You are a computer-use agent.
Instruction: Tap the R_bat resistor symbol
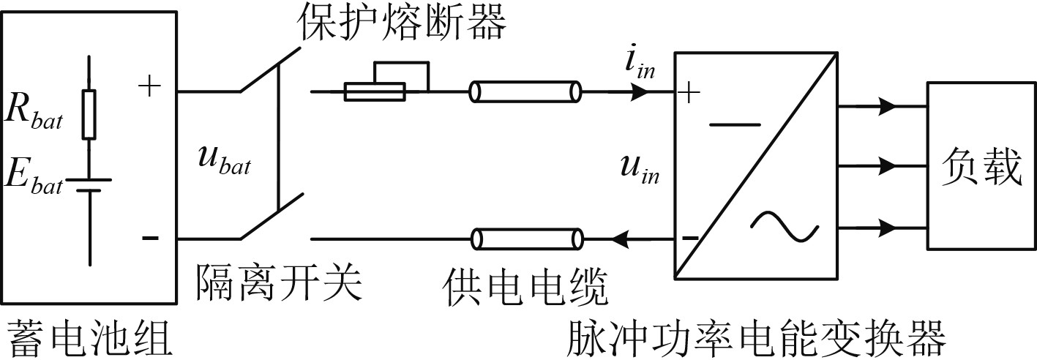pos(89,114)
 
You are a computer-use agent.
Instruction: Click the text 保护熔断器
pos(401,26)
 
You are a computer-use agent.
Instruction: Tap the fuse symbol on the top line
pos(375,91)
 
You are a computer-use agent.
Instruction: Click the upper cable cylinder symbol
pos(526,92)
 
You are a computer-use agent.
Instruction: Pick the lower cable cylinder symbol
pos(527,239)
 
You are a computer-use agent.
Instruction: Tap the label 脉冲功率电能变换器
pos(756,338)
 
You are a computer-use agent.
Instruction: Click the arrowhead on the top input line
pos(640,92)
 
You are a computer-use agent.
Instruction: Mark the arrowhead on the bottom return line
pos(624,239)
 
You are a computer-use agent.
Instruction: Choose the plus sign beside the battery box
pos(149,87)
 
